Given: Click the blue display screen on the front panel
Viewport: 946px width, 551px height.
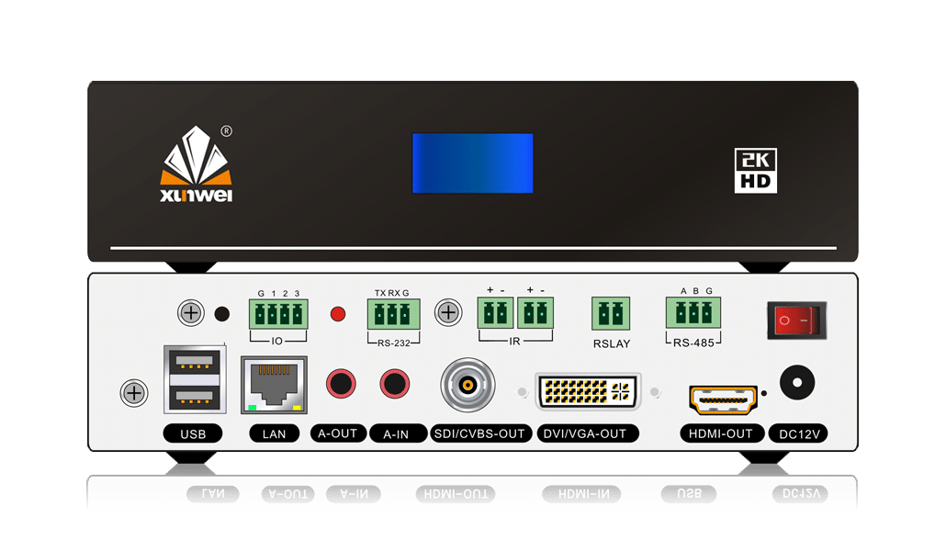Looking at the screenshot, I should click(x=472, y=163).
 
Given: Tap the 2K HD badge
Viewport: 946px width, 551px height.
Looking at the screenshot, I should click(x=756, y=170).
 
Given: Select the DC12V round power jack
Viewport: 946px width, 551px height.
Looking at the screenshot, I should click(x=798, y=381).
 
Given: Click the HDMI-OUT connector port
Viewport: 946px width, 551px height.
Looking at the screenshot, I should click(x=723, y=399).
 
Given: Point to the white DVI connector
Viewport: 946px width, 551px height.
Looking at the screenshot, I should click(x=588, y=391).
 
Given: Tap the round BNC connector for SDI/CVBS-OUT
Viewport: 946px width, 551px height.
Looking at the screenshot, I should click(x=467, y=384).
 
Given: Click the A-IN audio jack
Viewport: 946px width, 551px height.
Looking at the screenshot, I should click(x=396, y=381).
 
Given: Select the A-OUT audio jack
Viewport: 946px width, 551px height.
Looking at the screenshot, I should click(x=341, y=381).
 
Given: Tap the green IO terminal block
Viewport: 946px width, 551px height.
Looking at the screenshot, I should click(x=277, y=314).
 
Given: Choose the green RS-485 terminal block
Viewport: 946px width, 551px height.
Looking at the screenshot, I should click(x=695, y=312).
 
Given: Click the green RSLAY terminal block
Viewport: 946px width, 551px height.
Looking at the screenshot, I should click(x=611, y=313).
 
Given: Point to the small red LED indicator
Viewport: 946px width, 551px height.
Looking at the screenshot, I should click(x=337, y=315).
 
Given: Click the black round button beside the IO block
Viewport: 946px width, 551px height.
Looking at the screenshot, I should click(x=221, y=314).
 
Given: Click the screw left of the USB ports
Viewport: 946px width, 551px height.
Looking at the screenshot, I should click(x=134, y=394).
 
